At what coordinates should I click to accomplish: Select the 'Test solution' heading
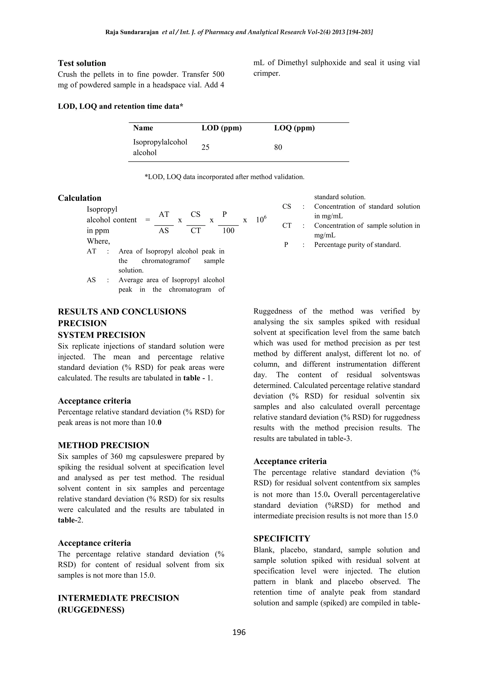82,63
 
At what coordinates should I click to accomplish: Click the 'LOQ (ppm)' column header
294,128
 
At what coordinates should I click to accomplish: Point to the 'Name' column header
143,128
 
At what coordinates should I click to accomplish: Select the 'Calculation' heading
79,198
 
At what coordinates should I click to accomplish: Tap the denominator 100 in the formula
228,231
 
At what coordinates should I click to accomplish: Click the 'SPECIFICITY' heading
282,539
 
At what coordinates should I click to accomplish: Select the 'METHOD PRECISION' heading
103,445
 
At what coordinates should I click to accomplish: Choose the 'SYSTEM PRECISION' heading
102,335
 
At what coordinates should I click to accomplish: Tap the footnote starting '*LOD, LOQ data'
224,177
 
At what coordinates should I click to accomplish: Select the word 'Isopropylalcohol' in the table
160,142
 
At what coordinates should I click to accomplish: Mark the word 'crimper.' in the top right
267,73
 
